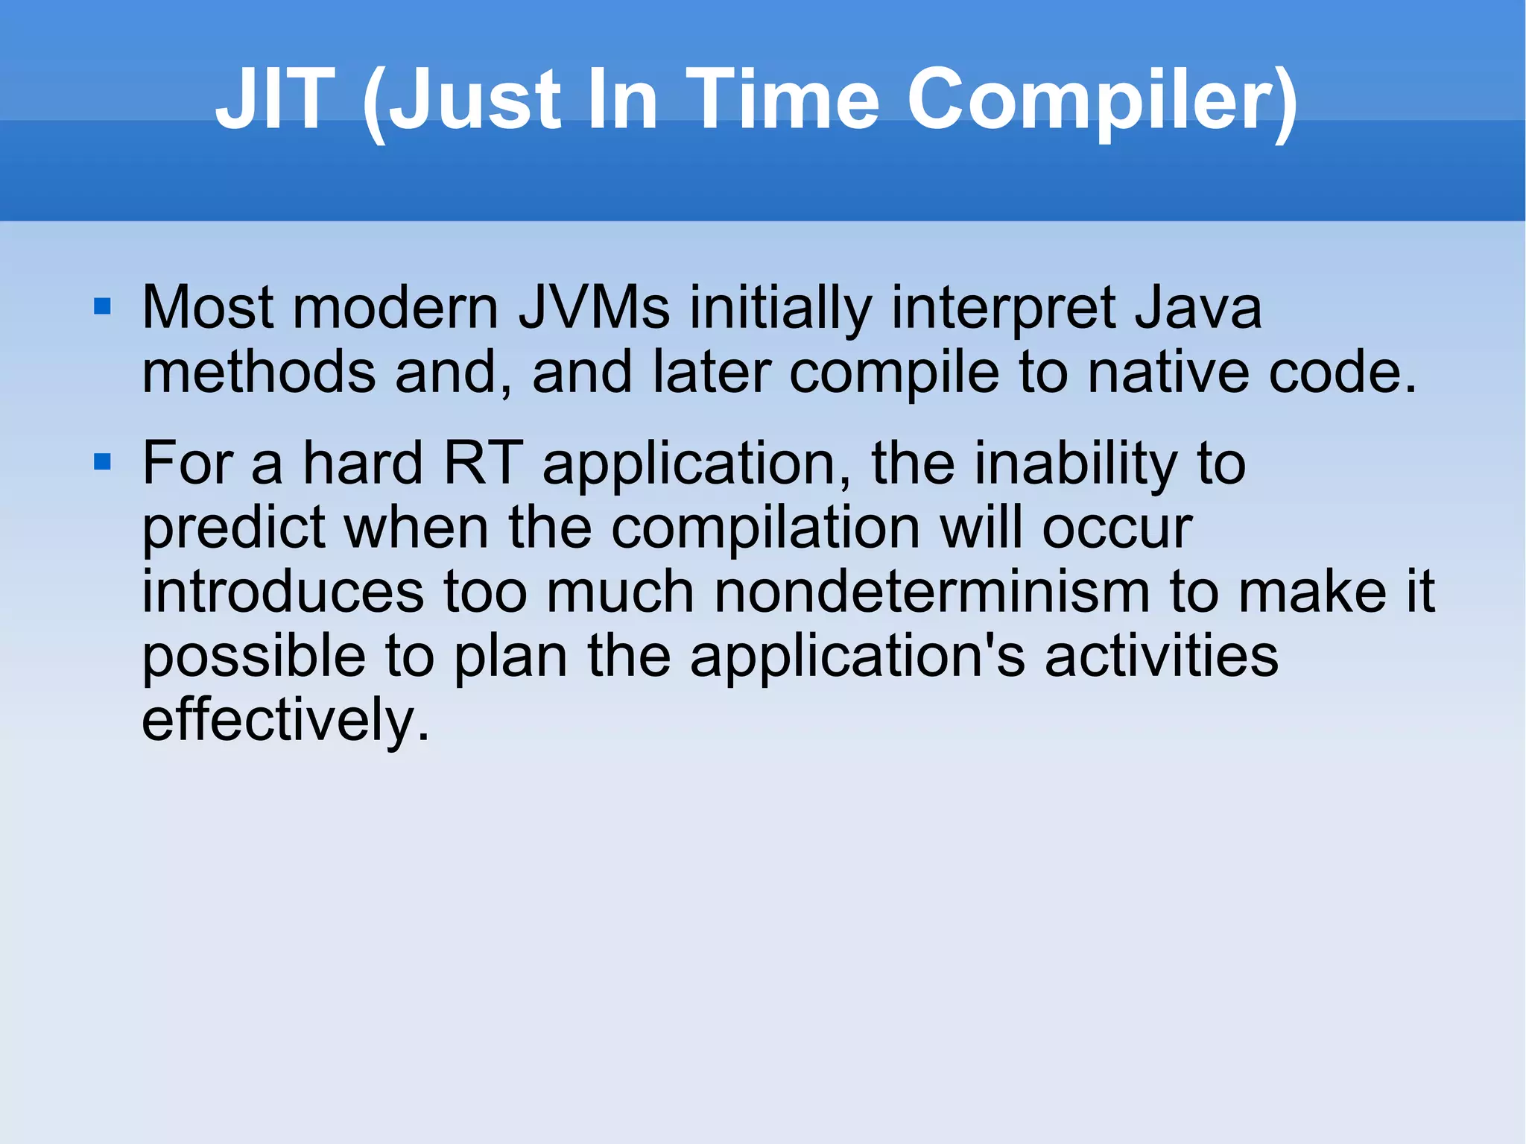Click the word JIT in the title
point(274,99)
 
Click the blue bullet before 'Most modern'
point(102,306)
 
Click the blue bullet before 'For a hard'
point(102,462)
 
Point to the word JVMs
point(594,308)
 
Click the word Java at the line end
point(1198,308)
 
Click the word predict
point(234,528)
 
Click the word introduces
point(282,592)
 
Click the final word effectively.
point(285,720)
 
